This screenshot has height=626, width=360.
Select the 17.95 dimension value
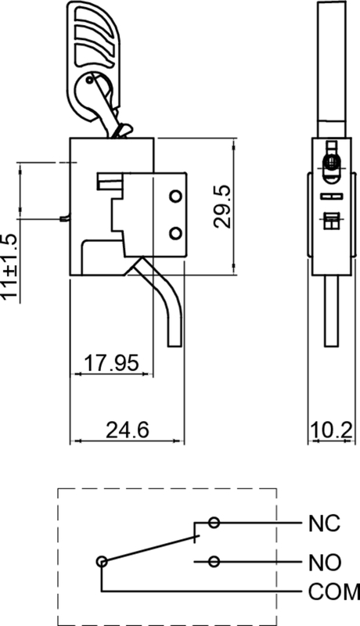(x=111, y=363)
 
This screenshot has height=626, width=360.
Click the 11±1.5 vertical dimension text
(x=9, y=267)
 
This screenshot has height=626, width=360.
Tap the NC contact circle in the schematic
(x=214, y=523)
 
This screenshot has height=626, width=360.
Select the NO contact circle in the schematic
(x=214, y=561)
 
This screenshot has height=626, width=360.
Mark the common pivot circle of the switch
(x=102, y=561)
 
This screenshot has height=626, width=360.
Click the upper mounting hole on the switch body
(x=175, y=195)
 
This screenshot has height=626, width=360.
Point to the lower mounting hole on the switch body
(x=175, y=232)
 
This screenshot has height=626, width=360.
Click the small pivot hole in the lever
(x=92, y=79)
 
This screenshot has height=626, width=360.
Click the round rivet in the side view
(x=332, y=162)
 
